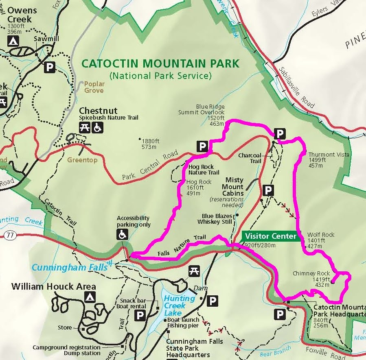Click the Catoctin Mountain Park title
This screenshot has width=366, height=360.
point(160,63)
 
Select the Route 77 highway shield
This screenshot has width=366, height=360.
point(11,235)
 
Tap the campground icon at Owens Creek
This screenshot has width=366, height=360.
point(13,41)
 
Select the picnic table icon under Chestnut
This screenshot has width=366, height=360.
point(85,128)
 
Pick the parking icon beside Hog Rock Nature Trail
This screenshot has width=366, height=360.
point(202,146)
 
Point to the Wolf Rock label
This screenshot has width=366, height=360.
point(321,235)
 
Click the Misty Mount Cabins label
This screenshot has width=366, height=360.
point(232,186)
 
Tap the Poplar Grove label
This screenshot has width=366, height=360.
point(94,87)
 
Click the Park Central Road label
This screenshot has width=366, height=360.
point(150,166)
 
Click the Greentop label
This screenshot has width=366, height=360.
point(82,160)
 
